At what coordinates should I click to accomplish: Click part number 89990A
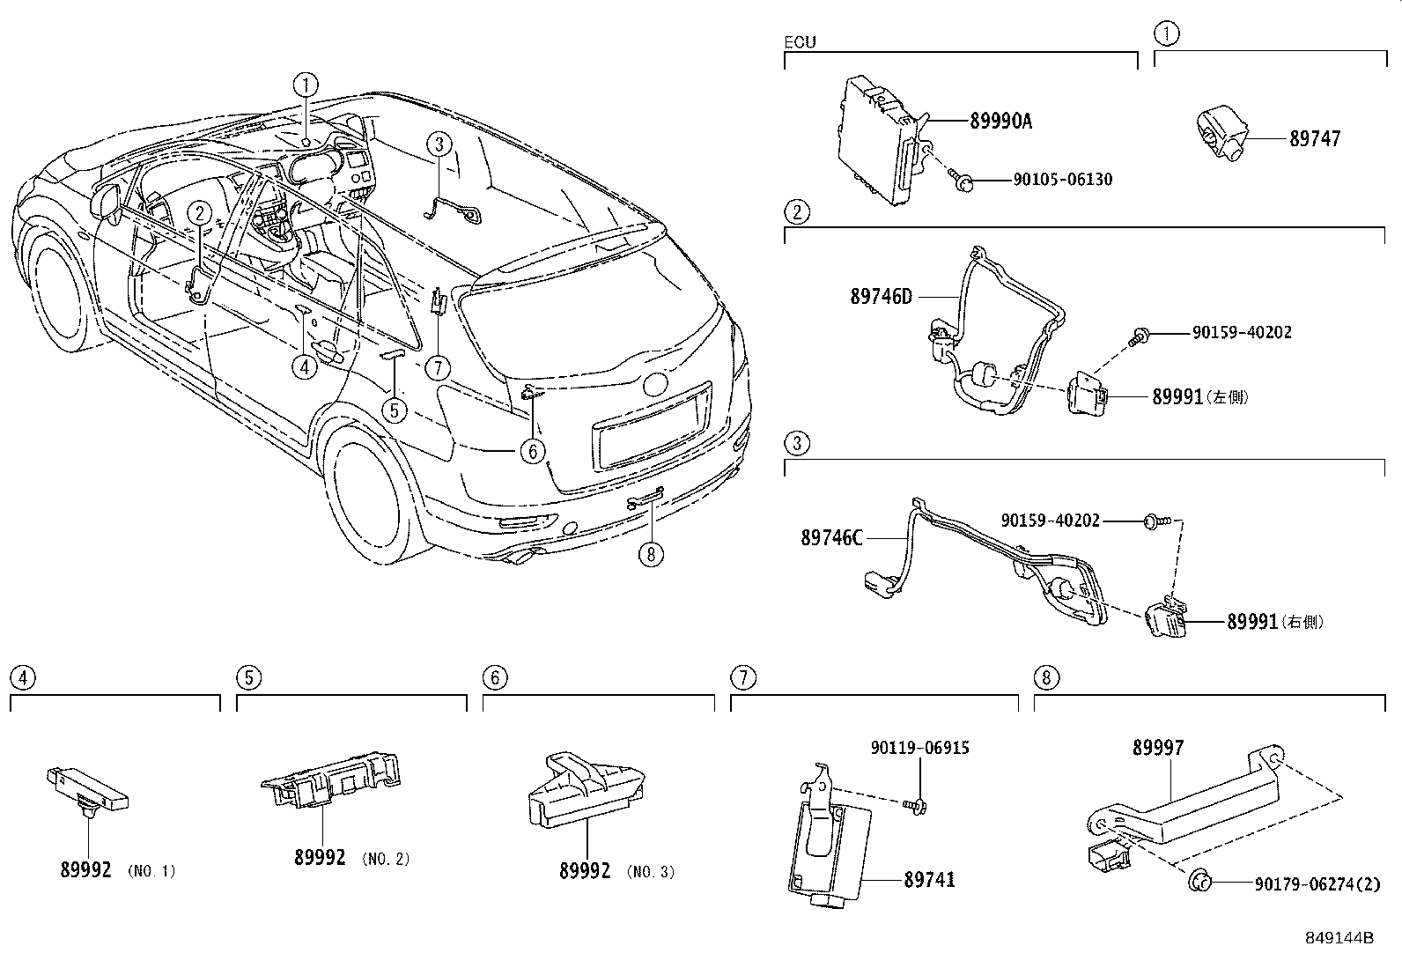click(x=1000, y=122)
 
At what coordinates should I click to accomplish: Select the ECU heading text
click(x=800, y=42)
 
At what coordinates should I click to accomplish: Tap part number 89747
click(x=1315, y=138)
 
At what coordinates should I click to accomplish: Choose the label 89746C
click(x=831, y=537)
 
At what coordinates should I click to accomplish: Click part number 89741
click(x=929, y=880)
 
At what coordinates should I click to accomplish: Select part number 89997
click(x=1158, y=748)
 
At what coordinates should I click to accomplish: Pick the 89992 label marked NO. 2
click(x=320, y=857)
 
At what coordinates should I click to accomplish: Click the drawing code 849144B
click(x=1339, y=938)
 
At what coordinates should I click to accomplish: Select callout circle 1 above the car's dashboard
click(x=306, y=85)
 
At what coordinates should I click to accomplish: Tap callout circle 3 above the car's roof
click(x=440, y=144)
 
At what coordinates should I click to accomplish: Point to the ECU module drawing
click(x=881, y=141)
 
